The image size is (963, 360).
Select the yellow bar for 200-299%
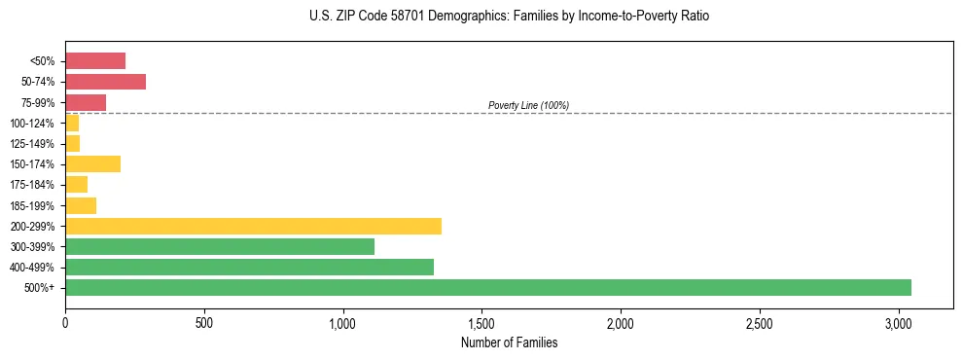[253, 226]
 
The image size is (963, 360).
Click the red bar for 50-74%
[105, 82]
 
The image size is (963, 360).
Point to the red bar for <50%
[95, 60]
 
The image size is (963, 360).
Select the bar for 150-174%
[92, 163]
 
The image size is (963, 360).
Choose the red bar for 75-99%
[86, 102]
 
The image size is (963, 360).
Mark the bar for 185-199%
[81, 205]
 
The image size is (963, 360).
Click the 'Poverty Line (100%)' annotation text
[528, 105]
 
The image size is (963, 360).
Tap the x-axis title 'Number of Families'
[509, 342]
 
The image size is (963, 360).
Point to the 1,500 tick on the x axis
[481, 323]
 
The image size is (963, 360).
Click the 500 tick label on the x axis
[204, 323]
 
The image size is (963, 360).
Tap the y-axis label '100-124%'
[32, 124]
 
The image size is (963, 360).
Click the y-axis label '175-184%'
[32, 185]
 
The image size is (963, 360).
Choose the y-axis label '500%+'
[40, 288]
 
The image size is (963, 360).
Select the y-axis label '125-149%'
[32, 144]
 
